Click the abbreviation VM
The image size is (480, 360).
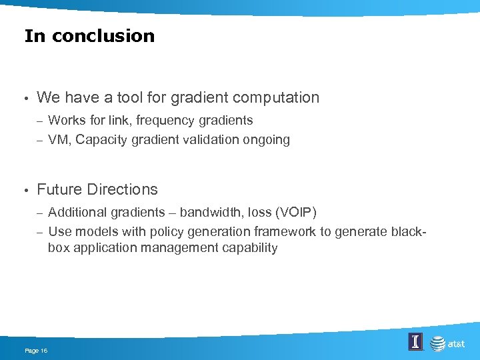pos(59,140)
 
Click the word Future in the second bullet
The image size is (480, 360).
pos(58,189)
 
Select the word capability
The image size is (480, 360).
pos(247,249)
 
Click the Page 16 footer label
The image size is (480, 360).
pos(35,351)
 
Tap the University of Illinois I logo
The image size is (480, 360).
pos(415,343)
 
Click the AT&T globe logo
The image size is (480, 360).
pos(438,343)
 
